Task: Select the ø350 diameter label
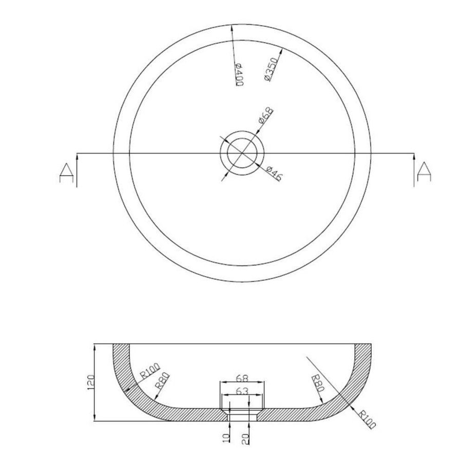[x=270, y=68]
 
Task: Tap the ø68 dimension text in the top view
[x=265, y=117]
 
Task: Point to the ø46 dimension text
[x=275, y=174]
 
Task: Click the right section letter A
[x=424, y=171]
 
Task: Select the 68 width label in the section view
[x=243, y=379]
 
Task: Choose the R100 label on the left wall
[x=150, y=371]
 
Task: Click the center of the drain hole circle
[x=241, y=152]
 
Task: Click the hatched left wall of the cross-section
[x=123, y=380]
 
